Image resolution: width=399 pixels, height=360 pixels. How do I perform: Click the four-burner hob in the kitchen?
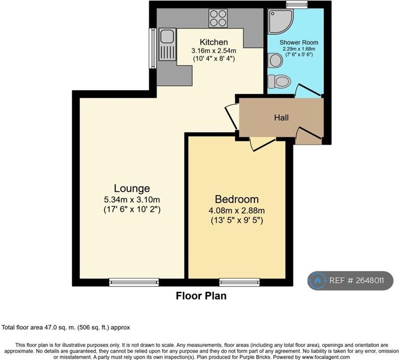[x=218, y=18]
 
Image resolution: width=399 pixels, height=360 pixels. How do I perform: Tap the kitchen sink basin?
[x=167, y=36]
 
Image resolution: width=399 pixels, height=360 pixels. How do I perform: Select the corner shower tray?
[x=281, y=22]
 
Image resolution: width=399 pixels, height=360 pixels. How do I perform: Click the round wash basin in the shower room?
[x=275, y=60]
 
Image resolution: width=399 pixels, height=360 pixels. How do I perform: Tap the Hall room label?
[x=281, y=118]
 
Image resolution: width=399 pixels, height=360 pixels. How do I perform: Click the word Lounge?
[x=132, y=188]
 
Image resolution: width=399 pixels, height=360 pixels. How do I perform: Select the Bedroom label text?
[x=236, y=199]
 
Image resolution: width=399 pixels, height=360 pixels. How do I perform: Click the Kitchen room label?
[x=214, y=42]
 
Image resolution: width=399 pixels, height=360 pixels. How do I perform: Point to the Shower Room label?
[x=299, y=43]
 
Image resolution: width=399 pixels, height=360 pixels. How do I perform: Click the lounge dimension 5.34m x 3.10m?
[x=132, y=199]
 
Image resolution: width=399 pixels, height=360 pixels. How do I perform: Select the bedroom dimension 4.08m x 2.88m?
[x=236, y=210]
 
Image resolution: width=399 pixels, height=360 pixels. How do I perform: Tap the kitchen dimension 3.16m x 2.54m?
[x=214, y=51]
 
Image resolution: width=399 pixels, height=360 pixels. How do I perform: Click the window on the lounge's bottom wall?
[x=134, y=282]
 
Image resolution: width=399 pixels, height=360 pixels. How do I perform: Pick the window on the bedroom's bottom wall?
[x=239, y=282]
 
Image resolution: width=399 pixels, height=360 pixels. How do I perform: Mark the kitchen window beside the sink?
[x=153, y=48]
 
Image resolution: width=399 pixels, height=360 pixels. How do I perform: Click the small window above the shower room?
[x=297, y=4]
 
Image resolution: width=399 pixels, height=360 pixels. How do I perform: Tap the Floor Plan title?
[x=201, y=296]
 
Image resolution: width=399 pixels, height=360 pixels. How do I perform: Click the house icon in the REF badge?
[x=317, y=280]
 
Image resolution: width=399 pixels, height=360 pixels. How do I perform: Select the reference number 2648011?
[x=370, y=280]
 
